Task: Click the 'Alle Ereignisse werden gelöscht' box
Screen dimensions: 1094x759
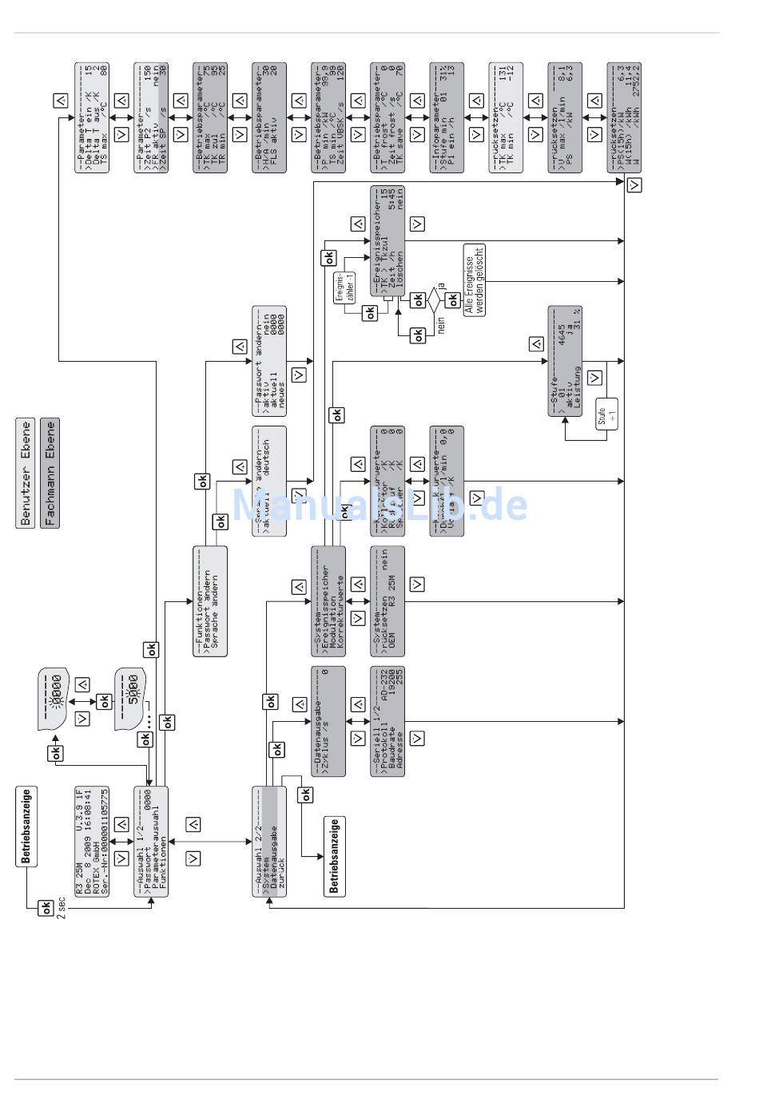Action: click(x=475, y=280)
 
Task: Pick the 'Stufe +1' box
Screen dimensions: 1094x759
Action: click(x=606, y=413)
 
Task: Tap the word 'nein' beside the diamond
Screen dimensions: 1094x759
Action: click(x=440, y=326)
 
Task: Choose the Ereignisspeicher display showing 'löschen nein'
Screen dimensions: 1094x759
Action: click(x=387, y=240)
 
